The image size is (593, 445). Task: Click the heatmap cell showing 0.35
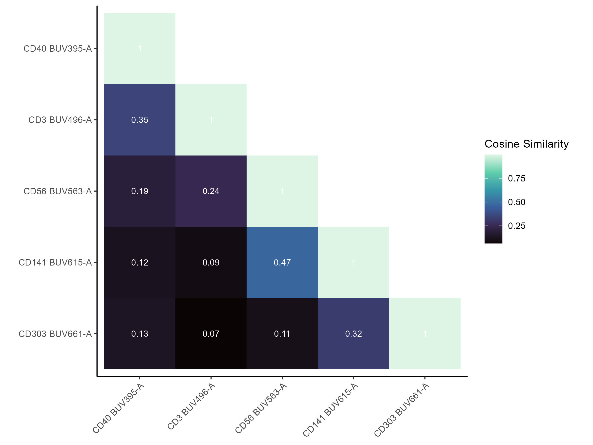[x=140, y=120]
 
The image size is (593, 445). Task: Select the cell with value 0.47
[x=282, y=262]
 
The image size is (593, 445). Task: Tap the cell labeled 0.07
[x=211, y=334]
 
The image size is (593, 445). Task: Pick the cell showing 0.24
[x=211, y=191]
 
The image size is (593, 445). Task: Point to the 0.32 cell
[x=353, y=334]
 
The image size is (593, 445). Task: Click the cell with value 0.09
[x=211, y=262]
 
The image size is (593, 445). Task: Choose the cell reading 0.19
[x=140, y=191]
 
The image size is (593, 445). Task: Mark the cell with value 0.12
[x=140, y=262]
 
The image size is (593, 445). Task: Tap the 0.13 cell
[x=140, y=334]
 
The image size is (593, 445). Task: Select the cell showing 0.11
[x=282, y=334]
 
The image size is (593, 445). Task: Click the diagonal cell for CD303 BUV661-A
[x=425, y=334]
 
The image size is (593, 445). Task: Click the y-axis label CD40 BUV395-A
[x=58, y=48]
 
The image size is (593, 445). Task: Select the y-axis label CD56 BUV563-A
[x=58, y=191]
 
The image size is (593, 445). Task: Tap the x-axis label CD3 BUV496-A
[x=191, y=407]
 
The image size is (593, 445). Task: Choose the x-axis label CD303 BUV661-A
[x=401, y=410]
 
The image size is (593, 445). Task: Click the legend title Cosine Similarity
[x=527, y=144]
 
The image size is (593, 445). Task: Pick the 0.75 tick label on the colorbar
[x=517, y=178]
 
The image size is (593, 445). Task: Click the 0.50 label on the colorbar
[x=517, y=202]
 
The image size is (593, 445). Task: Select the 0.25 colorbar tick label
[x=517, y=226]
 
